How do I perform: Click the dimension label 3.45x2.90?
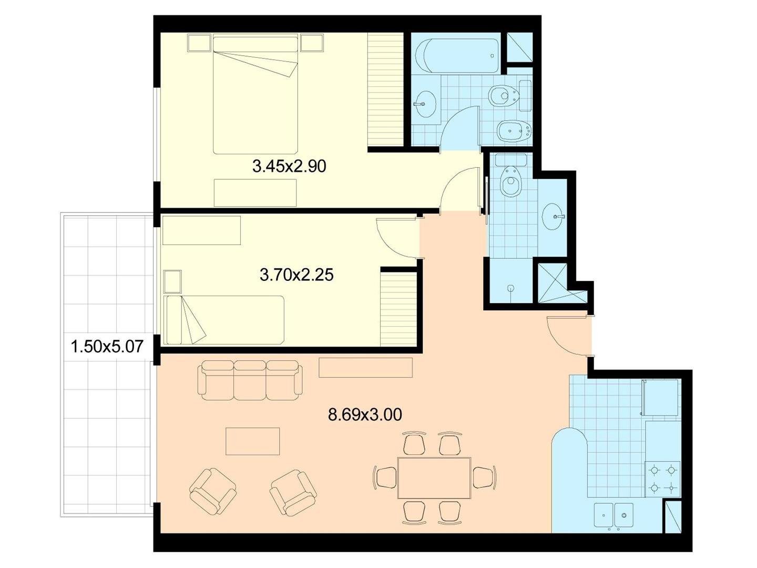289,167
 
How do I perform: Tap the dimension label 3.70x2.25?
296,276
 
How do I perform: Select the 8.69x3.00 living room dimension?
365,414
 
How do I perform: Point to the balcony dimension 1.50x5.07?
107,346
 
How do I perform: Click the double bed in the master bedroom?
255,95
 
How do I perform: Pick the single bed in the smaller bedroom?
224,320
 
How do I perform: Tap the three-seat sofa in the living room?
250,380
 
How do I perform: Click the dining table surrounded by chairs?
435,478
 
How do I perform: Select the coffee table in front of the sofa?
252,441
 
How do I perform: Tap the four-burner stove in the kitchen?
662,479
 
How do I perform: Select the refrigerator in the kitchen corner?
659,397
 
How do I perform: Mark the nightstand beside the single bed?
173,281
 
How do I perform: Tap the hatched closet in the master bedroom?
385,89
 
